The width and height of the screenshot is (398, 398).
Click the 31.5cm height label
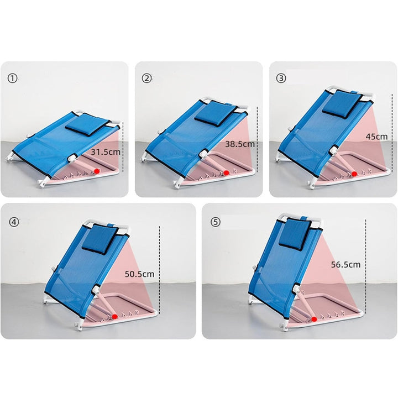(106, 152)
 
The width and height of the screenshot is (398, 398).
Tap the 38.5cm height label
(240, 144)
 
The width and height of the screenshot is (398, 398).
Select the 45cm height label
(376, 137)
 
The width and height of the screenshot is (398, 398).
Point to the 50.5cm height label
(139, 274)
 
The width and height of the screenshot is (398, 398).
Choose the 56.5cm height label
(345, 265)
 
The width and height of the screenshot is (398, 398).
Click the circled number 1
(12, 78)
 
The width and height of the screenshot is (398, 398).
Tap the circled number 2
(146, 78)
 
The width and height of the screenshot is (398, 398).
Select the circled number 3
(281, 78)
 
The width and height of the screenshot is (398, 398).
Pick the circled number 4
(14, 222)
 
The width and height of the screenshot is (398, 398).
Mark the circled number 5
(216, 222)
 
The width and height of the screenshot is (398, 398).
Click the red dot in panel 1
(97, 171)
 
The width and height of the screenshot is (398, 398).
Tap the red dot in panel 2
(227, 173)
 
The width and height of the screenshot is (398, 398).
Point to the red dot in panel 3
(354, 174)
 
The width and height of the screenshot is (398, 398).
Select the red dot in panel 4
(115, 317)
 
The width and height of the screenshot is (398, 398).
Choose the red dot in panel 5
(314, 320)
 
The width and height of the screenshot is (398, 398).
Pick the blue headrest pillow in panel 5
(295, 234)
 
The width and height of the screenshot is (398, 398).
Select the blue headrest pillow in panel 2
(216, 113)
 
